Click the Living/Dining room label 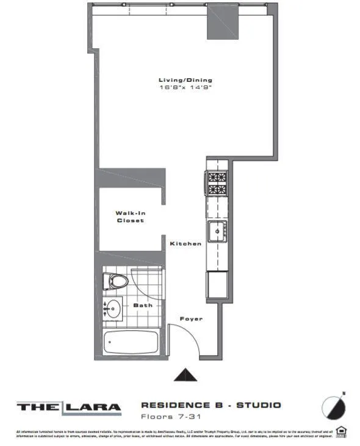pyautogui.click(x=185, y=80)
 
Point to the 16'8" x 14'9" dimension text pyautogui.click(x=185, y=88)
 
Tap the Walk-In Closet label pyautogui.click(x=130, y=217)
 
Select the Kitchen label pyautogui.click(x=185, y=244)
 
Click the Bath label pyautogui.click(x=143, y=305)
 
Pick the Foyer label pyautogui.click(x=190, y=318)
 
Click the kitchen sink pyautogui.click(x=217, y=232)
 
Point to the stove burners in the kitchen pyautogui.click(x=217, y=184)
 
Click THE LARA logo pyautogui.click(x=68, y=407)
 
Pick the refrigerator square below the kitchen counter pyautogui.click(x=217, y=284)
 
